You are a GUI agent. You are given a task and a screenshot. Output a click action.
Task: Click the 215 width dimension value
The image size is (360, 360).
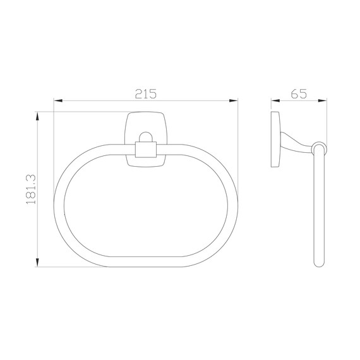coord(145,93)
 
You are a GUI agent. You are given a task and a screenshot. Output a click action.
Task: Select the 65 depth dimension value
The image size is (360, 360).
coord(299,93)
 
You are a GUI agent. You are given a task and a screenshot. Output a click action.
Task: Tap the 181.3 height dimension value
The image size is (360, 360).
coord(31,189)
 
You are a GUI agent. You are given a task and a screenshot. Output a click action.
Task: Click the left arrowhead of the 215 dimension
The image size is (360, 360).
coord(58,100)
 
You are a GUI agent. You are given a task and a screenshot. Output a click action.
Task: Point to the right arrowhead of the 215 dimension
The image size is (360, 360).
coord(234,100)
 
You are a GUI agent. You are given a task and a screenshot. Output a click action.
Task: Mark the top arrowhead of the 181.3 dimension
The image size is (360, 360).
coord(37,116)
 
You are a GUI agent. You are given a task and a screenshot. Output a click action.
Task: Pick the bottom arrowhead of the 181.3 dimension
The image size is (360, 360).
coord(37,263)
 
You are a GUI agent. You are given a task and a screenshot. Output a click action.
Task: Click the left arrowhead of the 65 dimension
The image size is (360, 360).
coord(275,100)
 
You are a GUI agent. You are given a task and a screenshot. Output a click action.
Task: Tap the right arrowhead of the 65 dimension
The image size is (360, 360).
coord(322,100)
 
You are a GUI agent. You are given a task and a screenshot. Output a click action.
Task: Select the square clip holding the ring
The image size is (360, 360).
coord(146,150)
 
